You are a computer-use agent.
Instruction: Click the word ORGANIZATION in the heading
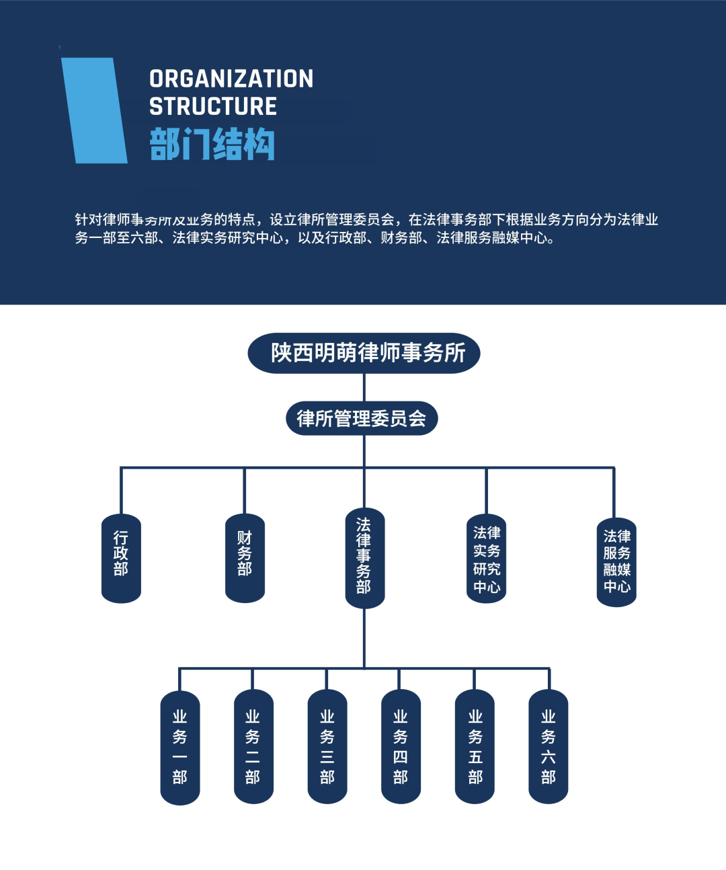[231, 79]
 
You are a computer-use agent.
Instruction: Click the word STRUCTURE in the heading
[213, 106]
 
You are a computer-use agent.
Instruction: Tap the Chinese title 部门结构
[212, 144]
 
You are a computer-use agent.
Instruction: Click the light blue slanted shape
[94, 110]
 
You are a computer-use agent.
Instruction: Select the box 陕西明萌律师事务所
[364, 353]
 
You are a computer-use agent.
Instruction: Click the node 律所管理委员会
[362, 418]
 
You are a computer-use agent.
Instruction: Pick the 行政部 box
[121, 558]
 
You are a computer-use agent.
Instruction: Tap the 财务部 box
[245, 558]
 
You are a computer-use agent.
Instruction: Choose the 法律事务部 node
[364, 558]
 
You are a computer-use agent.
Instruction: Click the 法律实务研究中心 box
[486, 559]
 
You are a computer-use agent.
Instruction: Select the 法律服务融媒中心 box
[616, 561]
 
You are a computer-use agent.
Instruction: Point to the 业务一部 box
[179, 747]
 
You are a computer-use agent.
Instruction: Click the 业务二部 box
[253, 747]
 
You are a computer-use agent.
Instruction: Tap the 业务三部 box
[327, 747]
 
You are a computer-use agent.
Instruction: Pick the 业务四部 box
[401, 747]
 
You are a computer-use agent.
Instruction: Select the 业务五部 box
[475, 747]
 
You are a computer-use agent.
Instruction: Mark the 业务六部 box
[548, 747]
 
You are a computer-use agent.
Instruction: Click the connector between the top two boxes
[364, 387]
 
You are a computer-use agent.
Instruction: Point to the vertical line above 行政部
[121, 491]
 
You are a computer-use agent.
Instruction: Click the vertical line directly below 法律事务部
[364, 639]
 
